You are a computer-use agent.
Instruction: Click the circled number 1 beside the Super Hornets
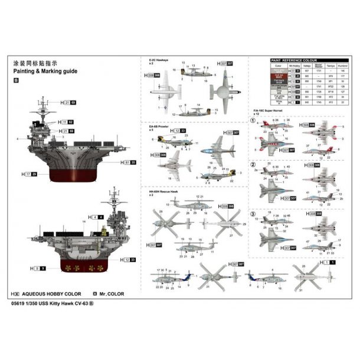253,122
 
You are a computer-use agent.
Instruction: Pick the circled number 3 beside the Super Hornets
253,213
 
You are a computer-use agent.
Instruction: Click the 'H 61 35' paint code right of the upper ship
130,162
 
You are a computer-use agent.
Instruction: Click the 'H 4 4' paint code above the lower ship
98,217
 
